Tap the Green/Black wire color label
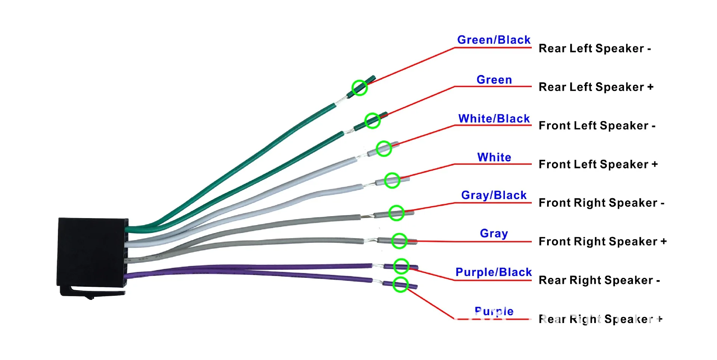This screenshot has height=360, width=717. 494,40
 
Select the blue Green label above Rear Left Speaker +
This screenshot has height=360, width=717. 494,80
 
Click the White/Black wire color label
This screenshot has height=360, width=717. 494,118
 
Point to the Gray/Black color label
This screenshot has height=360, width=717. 494,195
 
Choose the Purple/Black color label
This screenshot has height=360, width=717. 494,272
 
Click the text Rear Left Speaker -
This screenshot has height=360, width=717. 595,49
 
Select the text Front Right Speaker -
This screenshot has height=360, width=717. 602,203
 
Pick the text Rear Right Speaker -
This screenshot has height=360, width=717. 599,280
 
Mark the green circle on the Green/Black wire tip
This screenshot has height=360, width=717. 360,88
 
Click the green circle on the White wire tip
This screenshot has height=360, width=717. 392,180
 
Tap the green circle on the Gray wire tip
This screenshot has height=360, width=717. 399,241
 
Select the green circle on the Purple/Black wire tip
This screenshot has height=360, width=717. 401,266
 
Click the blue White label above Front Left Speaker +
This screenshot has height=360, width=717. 494,157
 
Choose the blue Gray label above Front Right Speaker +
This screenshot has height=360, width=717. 494,233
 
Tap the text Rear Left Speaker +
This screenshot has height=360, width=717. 596,87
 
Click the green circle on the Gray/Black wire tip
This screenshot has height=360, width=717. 397,213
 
